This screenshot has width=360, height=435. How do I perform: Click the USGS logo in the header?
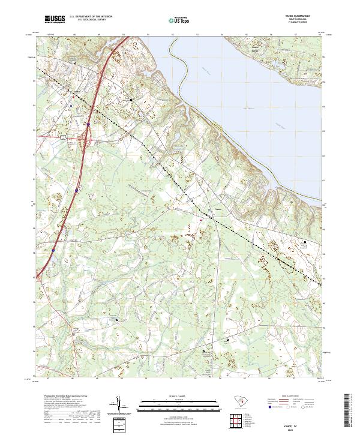55,20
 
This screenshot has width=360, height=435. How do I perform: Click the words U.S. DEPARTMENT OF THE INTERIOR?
91,17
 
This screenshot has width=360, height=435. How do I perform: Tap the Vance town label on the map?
219,209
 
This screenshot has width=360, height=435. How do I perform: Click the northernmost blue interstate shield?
88,124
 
